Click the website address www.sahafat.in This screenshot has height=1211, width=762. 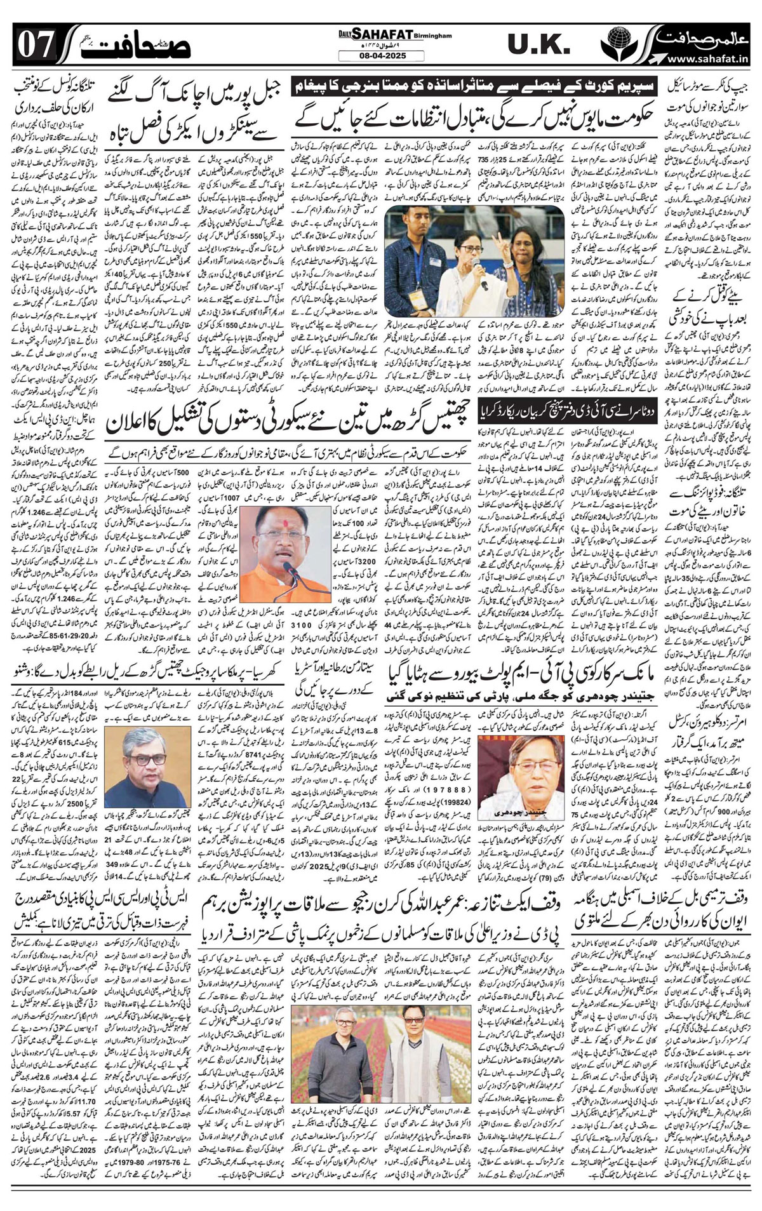(x=711, y=60)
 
